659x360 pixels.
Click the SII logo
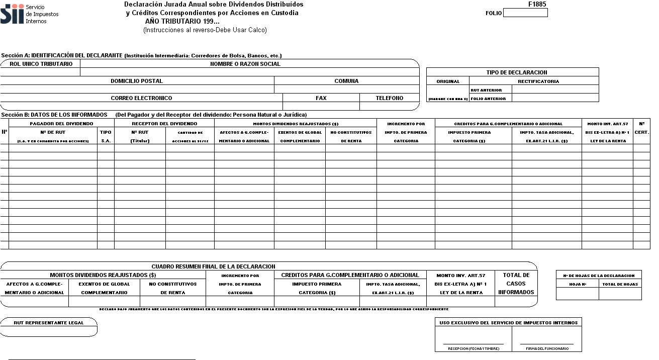pyautogui.click(x=12, y=14)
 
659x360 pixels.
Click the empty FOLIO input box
pyautogui.click(x=525, y=13)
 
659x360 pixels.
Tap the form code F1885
pyautogui.click(x=537, y=4)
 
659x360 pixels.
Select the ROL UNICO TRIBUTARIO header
pyautogui.click(x=41, y=64)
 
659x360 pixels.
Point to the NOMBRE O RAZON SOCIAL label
pyautogui.click(x=245, y=64)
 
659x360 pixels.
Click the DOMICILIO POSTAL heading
pyautogui.click(x=137, y=81)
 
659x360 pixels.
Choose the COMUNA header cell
pyautogui.click(x=346, y=81)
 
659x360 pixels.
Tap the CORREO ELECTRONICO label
pyautogui.click(x=141, y=98)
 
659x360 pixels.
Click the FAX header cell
pyautogui.click(x=321, y=98)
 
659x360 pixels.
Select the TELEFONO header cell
pyautogui.click(x=389, y=98)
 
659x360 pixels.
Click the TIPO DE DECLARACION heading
pyautogui.click(x=512, y=72)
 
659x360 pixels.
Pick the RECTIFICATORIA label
pyautogui.click(x=538, y=81)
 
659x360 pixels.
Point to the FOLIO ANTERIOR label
pyautogui.click(x=488, y=99)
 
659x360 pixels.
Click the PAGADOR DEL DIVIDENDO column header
pyautogui.click(x=61, y=123)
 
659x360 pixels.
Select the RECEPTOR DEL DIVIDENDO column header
pyautogui.click(x=164, y=123)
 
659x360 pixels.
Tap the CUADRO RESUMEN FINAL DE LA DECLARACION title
pyautogui.click(x=213, y=266)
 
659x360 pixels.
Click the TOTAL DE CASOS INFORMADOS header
pyautogui.click(x=516, y=284)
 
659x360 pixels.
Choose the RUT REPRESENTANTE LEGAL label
pyautogui.click(x=48, y=322)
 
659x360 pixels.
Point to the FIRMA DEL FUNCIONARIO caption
pyautogui.click(x=547, y=348)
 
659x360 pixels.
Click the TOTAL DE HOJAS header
pyautogui.click(x=620, y=284)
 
